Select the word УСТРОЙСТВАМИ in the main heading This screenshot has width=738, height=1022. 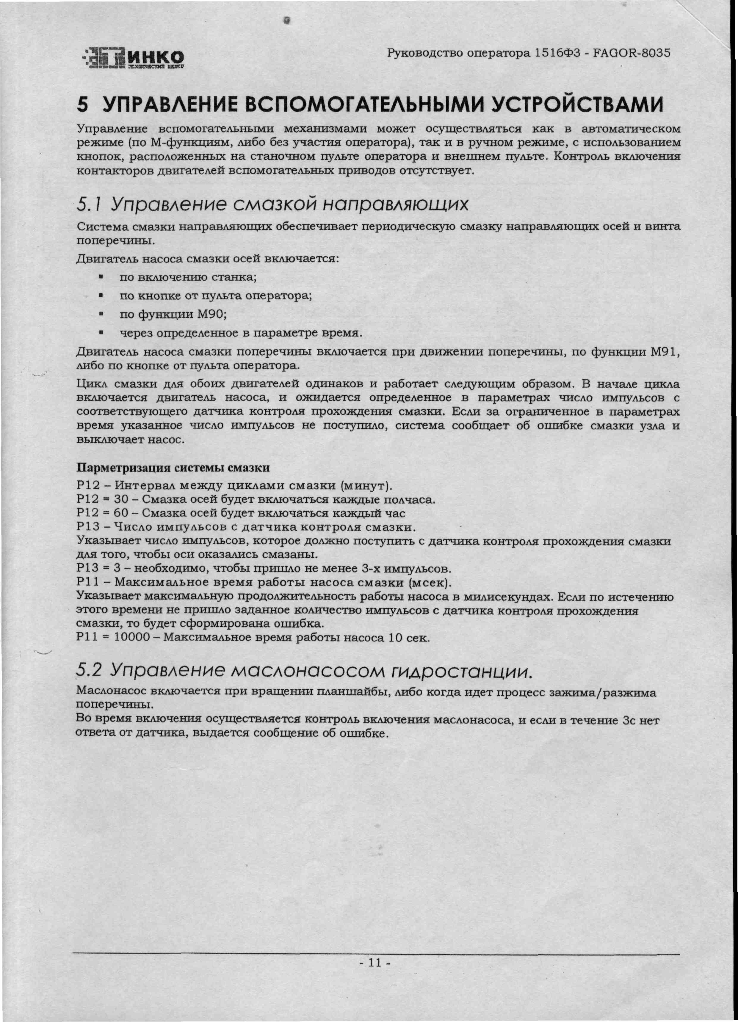pyautogui.click(x=577, y=105)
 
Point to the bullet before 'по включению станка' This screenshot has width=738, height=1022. pyautogui.click(x=101, y=277)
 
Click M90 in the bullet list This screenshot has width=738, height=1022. pyautogui.click(x=211, y=314)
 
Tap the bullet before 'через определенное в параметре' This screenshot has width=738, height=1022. pyautogui.click(x=101, y=333)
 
